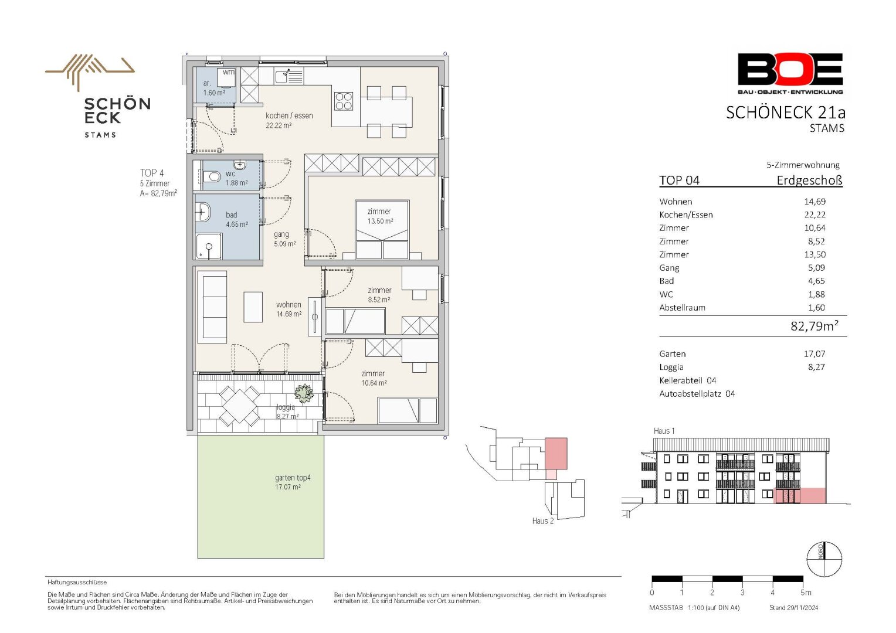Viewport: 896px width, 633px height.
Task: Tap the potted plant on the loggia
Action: click(304, 393)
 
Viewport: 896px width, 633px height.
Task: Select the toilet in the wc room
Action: click(212, 176)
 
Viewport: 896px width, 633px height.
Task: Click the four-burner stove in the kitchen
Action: click(344, 101)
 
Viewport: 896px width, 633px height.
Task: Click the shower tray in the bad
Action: click(209, 246)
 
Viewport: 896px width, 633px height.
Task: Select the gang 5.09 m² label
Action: click(284, 239)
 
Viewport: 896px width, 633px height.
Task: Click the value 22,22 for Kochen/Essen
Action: click(815, 215)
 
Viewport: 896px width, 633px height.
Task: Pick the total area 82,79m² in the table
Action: click(814, 326)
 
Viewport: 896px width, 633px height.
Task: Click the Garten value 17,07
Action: click(814, 354)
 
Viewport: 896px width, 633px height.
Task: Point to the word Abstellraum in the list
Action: click(683, 308)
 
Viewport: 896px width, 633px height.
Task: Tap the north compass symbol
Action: click(824, 559)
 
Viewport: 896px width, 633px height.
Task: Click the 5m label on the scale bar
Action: click(806, 593)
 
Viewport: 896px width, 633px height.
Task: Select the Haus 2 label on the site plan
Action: click(543, 521)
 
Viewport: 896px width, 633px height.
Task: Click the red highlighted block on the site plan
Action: click(556, 454)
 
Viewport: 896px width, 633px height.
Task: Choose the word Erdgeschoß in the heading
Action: click(809, 181)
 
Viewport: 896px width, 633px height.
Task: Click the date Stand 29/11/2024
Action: click(793, 608)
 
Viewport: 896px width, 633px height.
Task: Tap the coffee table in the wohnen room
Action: click(253, 307)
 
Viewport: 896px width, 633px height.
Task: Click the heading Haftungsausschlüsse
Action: click(77, 583)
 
